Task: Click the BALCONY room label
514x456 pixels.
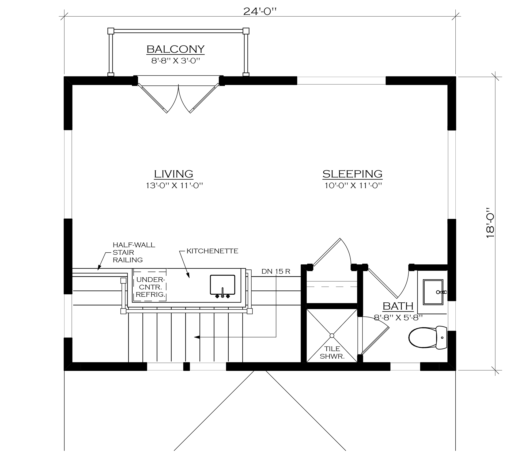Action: (x=176, y=49)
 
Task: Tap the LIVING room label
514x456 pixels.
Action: (x=173, y=174)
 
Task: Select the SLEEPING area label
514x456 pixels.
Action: (x=352, y=174)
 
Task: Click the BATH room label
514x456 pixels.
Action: (x=398, y=306)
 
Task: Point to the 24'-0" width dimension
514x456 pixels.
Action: (x=260, y=12)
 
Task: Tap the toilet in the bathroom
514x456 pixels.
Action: (x=428, y=338)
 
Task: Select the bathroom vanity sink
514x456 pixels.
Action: (x=433, y=292)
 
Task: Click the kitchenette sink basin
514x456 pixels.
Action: (x=222, y=285)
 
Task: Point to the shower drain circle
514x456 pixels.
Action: (x=332, y=336)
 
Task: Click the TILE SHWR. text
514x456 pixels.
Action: (x=332, y=352)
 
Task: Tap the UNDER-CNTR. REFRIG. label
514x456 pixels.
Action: (x=150, y=287)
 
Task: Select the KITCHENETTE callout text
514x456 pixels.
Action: (x=212, y=251)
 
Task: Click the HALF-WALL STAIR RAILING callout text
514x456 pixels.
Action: (x=134, y=252)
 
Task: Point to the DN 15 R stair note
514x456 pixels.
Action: (x=276, y=271)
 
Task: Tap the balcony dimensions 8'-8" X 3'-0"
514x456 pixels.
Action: (x=176, y=61)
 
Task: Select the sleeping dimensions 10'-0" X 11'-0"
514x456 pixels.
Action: (x=353, y=185)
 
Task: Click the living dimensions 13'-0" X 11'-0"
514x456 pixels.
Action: (x=175, y=185)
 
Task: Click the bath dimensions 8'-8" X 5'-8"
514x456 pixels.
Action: (x=398, y=317)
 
